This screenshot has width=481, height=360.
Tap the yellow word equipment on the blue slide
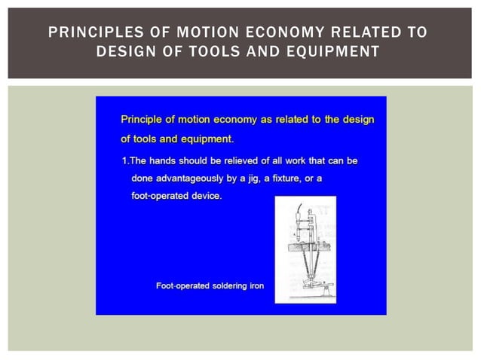(x=207, y=139)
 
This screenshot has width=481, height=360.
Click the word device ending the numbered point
(x=204, y=197)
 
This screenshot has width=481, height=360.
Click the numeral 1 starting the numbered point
(x=124, y=161)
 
